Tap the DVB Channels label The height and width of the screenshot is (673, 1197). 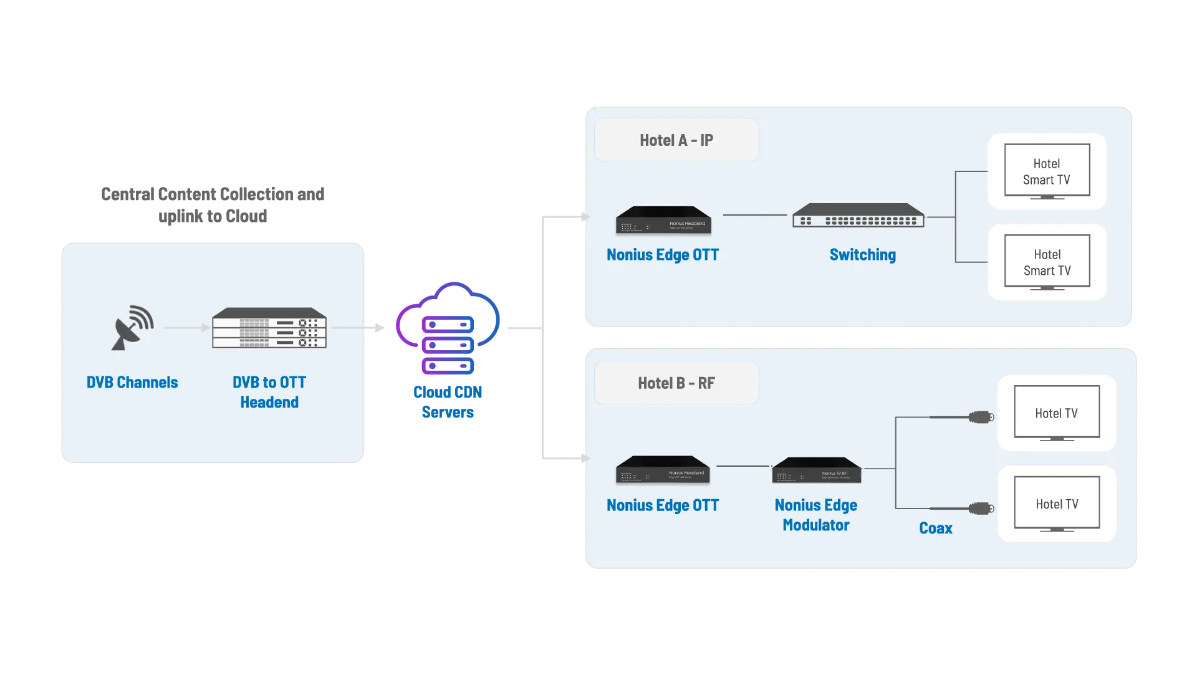[x=132, y=382]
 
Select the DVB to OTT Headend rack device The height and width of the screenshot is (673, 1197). [x=269, y=328]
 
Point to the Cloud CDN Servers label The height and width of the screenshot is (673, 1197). [x=448, y=402]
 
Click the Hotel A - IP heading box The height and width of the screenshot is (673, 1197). [x=676, y=140]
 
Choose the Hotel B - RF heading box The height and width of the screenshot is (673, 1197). [x=676, y=383]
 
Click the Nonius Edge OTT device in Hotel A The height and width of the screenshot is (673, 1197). [x=663, y=220]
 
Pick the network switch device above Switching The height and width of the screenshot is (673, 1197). [x=858, y=216]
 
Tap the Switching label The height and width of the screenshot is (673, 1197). [x=862, y=255]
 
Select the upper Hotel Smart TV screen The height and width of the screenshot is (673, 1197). [x=1047, y=171]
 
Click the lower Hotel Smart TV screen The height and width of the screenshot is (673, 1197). [x=1047, y=262]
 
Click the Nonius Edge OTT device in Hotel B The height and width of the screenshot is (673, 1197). [x=663, y=470]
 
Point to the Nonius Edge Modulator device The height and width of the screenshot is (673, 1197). [x=817, y=470]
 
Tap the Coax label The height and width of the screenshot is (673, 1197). [x=935, y=528]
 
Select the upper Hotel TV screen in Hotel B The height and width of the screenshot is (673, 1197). [x=1057, y=413]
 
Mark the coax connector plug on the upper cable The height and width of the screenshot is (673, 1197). [x=981, y=418]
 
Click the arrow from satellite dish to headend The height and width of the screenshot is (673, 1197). [x=187, y=328]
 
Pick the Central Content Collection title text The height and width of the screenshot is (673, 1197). [x=212, y=204]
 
